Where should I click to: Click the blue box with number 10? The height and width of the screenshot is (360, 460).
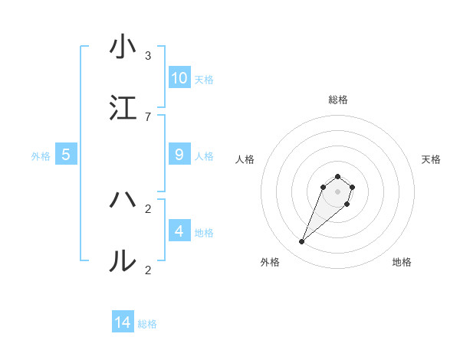tap(179, 78)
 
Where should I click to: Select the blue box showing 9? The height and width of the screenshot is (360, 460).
tap(179, 155)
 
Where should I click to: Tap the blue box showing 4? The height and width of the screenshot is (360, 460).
tap(179, 231)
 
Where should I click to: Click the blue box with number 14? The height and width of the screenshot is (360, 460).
tap(123, 323)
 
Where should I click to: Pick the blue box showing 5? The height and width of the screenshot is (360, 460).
tap(66, 155)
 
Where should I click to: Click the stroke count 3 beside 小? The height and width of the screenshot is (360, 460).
tap(147, 56)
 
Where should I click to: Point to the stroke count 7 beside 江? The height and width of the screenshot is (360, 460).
tap(147, 117)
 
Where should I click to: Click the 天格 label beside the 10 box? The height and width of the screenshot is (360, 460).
tap(204, 80)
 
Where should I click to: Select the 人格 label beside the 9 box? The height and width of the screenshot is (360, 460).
tap(204, 156)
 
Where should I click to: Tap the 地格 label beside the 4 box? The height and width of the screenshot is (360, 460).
tap(204, 233)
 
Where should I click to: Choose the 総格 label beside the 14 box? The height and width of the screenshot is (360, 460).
tap(147, 325)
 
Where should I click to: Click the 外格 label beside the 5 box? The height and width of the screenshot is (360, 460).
tap(41, 156)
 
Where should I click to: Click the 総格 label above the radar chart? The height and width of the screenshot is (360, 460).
tap(337, 100)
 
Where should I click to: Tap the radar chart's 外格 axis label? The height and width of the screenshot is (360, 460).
tap(270, 263)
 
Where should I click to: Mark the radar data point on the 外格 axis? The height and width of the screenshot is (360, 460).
tap(301, 242)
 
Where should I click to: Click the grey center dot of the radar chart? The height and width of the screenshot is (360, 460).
tap(337, 191)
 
